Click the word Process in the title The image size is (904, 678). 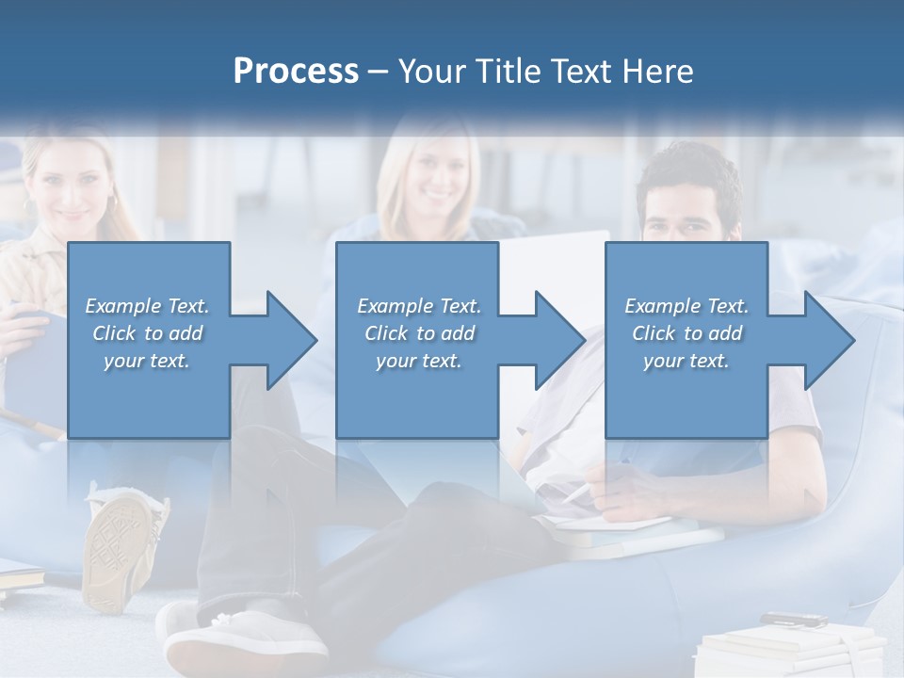[x=295, y=71]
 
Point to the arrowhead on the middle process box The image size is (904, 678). [x=558, y=340]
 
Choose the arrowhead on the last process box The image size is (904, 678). [x=828, y=340]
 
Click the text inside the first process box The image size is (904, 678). [x=148, y=332]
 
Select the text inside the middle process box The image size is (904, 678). [x=418, y=332]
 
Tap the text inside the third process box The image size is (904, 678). [x=686, y=332]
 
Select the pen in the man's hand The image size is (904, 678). [x=574, y=492]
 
